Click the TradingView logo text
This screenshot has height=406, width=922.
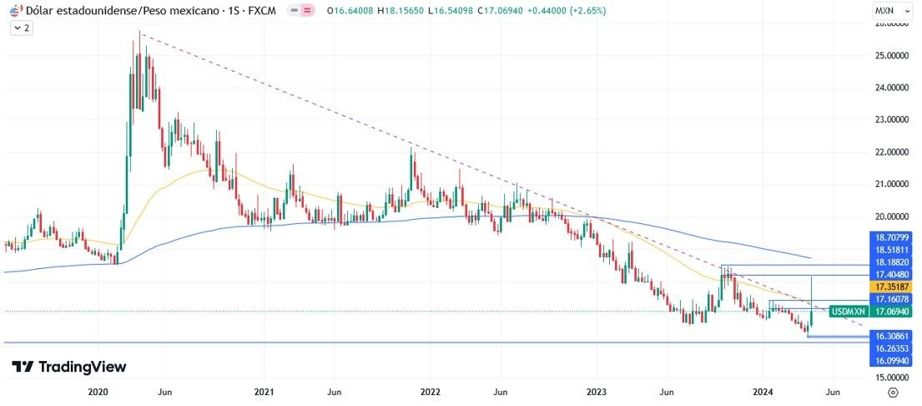tap(69, 367)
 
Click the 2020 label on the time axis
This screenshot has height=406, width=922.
tap(98, 391)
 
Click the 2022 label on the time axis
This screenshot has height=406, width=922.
tap(430, 391)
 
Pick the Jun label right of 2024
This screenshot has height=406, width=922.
tap(832, 391)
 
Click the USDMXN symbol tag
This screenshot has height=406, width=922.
tap(849, 311)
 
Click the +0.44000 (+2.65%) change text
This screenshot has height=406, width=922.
tap(570, 11)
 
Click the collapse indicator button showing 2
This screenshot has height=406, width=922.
tap(21, 28)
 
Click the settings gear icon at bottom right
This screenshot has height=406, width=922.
tap(893, 391)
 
